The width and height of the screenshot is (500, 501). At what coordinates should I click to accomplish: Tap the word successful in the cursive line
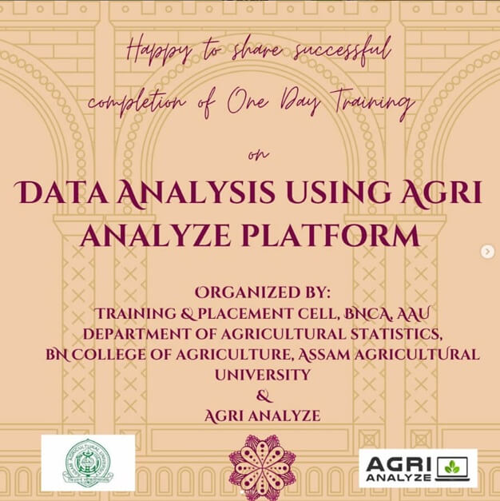click(x=343, y=50)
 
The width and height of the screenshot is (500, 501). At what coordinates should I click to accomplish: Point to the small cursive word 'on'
click(x=258, y=155)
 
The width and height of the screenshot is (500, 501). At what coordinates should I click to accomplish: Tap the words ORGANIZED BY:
click(x=263, y=292)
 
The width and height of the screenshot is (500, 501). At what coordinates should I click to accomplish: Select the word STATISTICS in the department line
click(x=396, y=335)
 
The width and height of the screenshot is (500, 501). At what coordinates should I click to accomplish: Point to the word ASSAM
click(x=324, y=355)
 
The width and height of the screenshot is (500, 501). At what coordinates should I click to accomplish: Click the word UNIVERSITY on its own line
click(x=263, y=375)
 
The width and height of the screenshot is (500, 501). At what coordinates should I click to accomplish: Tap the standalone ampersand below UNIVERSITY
click(x=264, y=396)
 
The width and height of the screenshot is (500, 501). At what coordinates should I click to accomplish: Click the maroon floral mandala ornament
click(x=263, y=467)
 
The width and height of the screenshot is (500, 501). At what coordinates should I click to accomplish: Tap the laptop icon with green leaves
click(x=452, y=468)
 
